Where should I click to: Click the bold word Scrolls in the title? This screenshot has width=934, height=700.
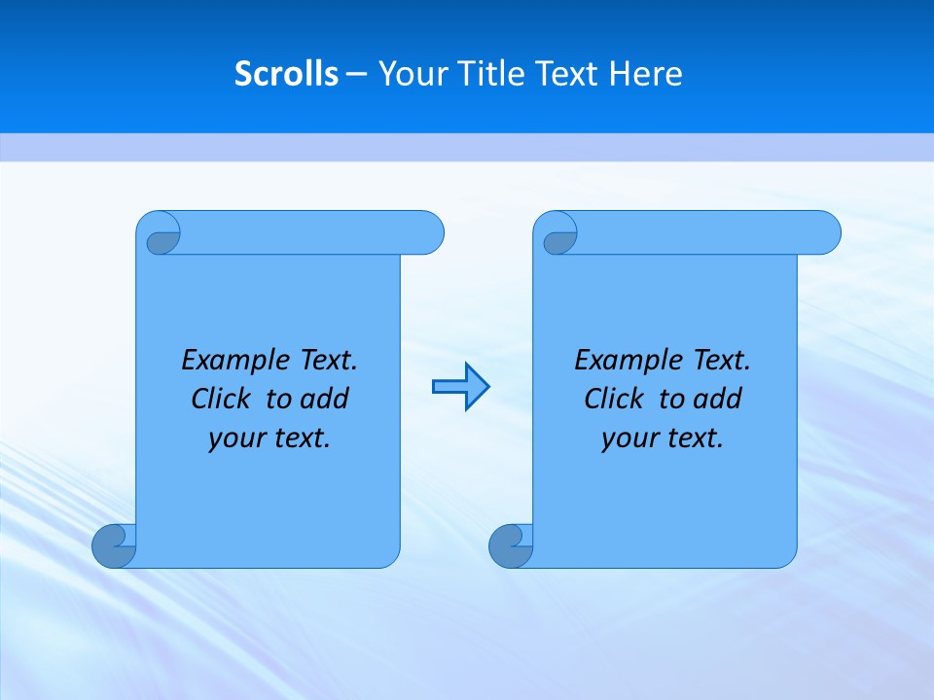pyautogui.click(x=286, y=74)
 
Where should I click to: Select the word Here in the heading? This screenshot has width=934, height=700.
pyautogui.click(x=645, y=74)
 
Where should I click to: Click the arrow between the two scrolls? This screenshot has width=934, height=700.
pyautogui.click(x=460, y=387)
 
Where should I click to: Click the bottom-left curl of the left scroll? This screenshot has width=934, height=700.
pyautogui.click(x=114, y=545)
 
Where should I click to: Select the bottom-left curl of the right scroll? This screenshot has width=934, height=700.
pyautogui.click(x=511, y=545)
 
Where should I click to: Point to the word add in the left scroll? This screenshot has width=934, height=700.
pyautogui.click(x=325, y=399)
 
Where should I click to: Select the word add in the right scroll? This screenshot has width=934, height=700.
pyautogui.click(x=718, y=399)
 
